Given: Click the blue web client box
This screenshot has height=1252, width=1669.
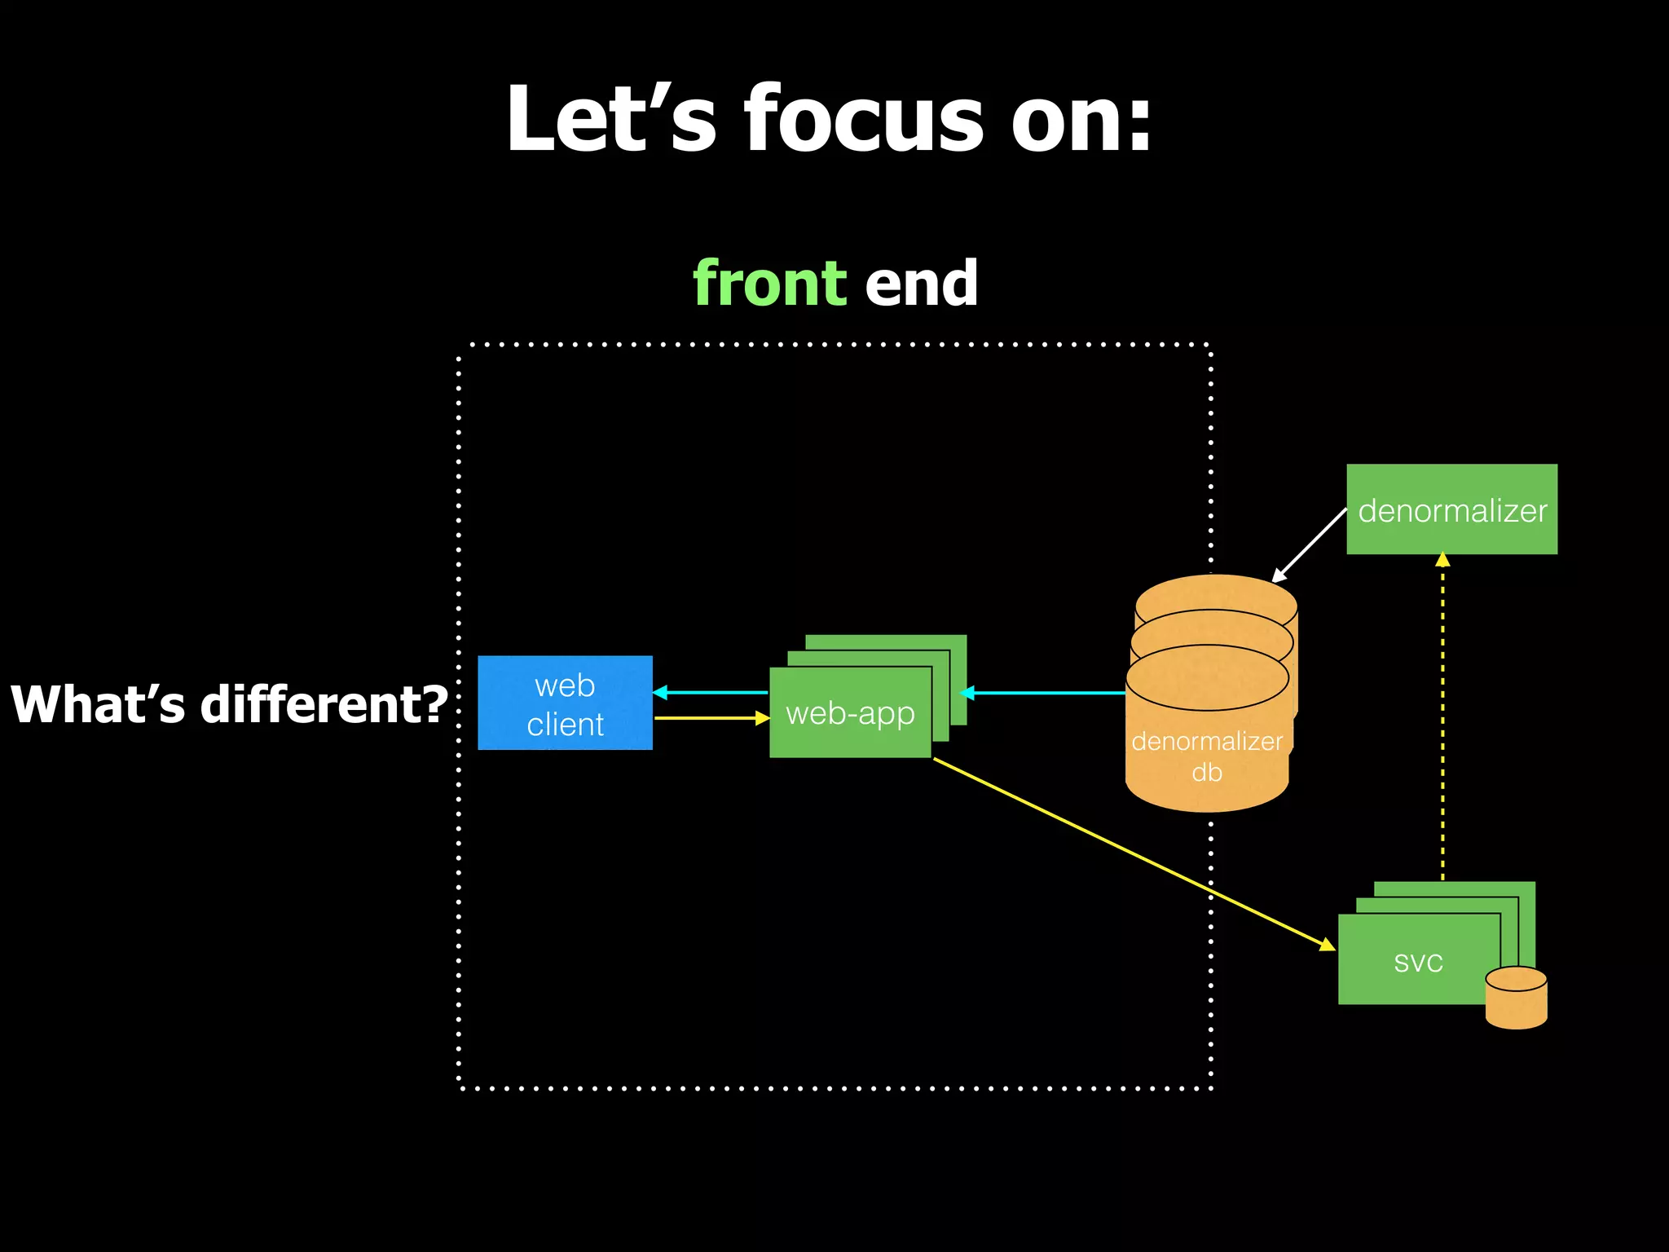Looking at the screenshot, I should (565, 703).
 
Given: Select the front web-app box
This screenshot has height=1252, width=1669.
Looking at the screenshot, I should (850, 713).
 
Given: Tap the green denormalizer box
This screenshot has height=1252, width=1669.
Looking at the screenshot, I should (1451, 510).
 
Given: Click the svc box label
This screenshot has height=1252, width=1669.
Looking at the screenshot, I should (1418, 962).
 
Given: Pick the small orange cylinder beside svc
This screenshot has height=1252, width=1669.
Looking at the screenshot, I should (1516, 999).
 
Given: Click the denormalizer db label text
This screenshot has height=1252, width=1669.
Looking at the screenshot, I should (1207, 756).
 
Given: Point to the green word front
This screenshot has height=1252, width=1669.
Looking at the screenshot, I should (770, 283).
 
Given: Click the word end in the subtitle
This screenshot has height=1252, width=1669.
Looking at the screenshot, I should (921, 283).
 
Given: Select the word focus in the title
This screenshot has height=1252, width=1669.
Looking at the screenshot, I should (864, 120).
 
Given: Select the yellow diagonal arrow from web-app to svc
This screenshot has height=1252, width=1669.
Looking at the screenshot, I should (1133, 853).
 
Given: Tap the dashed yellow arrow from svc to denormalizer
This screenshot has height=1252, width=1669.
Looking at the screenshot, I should (1442, 717).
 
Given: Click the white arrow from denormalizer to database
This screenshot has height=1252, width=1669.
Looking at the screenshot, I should (1310, 544).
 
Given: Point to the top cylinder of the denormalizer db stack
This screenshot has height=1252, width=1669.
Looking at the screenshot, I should (1216, 593).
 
